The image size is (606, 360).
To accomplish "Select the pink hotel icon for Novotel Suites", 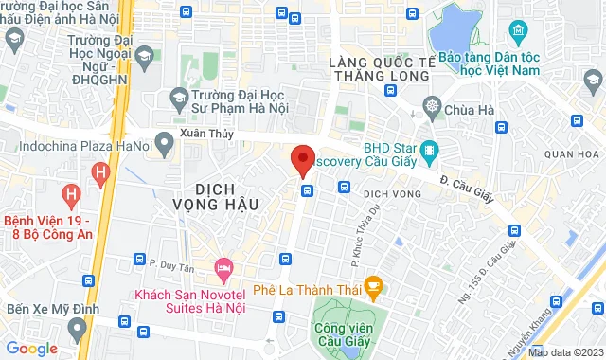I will point(223,269).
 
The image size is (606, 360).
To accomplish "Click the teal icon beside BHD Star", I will point(429,150).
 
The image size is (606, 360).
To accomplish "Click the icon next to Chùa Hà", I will point(433,105).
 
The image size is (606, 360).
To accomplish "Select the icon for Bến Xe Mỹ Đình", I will point(78,328).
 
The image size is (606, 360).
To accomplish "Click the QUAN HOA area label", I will point(573,153).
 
